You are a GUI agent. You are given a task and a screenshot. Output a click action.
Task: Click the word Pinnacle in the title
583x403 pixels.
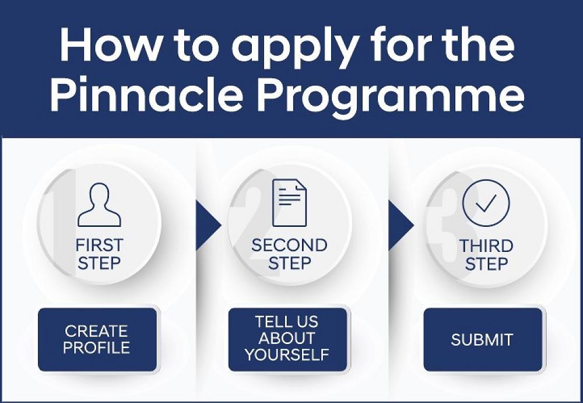click(146, 93)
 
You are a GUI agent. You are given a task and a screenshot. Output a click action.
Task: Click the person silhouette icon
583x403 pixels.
click(99, 204)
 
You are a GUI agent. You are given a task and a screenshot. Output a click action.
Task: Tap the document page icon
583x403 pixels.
click(289, 203)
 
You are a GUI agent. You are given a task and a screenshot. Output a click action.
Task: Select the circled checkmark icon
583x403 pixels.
click(486, 203)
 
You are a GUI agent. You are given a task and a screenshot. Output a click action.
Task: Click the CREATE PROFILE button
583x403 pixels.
click(97, 339)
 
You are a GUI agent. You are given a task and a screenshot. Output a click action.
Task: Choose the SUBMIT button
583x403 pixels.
click(483, 339)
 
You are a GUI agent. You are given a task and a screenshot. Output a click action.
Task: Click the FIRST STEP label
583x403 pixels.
click(99, 254)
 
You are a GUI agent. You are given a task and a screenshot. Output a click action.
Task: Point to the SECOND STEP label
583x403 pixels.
click(289, 254)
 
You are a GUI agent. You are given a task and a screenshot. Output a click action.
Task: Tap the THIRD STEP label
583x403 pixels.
click(486, 255)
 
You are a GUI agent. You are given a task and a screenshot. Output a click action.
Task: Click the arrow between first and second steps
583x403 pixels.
click(207, 225)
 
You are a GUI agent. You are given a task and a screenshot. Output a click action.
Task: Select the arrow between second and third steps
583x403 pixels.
click(400, 225)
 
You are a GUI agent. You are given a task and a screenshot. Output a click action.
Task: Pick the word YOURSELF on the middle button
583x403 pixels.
click(287, 355)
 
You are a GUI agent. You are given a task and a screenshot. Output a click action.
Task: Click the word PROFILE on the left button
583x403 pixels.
click(97, 348)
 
